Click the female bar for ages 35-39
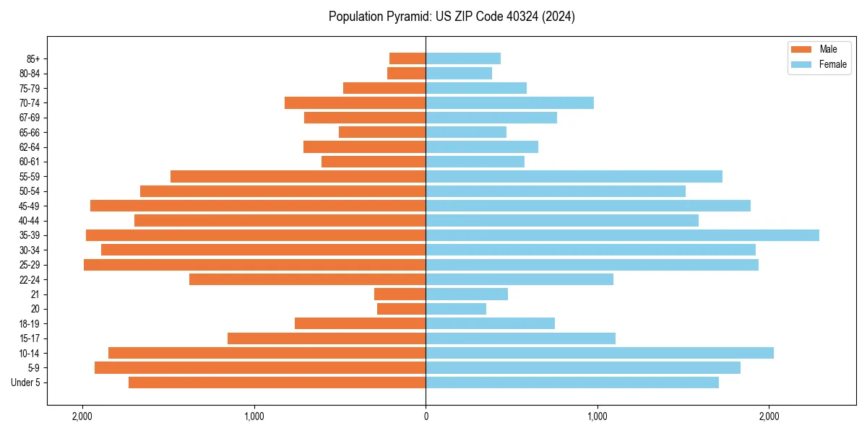pyautogui.click(x=622, y=235)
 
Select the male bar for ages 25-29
pyautogui.click(x=254, y=265)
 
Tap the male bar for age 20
pyautogui.click(x=401, y=309)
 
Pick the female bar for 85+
pyautogui.click(x=463, y=58)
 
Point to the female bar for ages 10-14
pyautogui.click(x=600, y=353)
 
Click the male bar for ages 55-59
pyautogui.click(x=298, y=176)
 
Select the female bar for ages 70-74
pyautogui.click(x=509, y=102)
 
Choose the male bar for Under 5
pyautogui.click(x=277, y=382)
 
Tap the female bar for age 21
pyautogui.click(x=467, y=294)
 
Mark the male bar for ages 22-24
pyautogui.click(x=307, y=279)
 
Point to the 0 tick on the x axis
pyautogui.click(x=426, y=416)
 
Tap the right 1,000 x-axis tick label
pyautogui.click(x=597, y=416)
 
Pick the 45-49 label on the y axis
pyautogui.click(x=30, y=206)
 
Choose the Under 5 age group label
pyautogui.click(x=26, y=382)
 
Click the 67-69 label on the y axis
pyautogui.click(x=30, y=118)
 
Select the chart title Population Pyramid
pyautogui.click(x=452, y=17)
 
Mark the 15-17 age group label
pyautogui.click(x=30, y=338)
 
